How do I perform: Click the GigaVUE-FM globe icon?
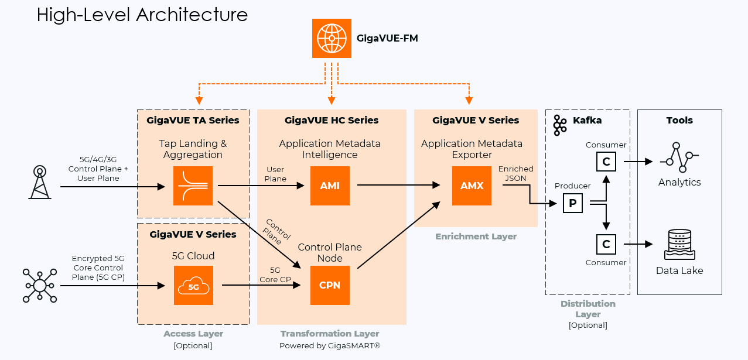pos(332,39)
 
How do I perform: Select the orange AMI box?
pos(330,186)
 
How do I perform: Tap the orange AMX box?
pos(472,186)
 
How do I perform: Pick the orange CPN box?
pos(330,285)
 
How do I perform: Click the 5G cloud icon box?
pos(193,285)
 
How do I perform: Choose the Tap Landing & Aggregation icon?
pos(193,186)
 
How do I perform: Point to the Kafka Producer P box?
pos(573,203)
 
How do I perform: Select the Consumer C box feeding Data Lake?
pos(606,244)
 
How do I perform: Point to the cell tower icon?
pos(40,181)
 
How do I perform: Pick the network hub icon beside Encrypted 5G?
pos(40,285)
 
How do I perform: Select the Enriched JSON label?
pos(515,173)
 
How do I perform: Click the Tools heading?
pos(679,120)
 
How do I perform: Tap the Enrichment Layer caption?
pos(476,236)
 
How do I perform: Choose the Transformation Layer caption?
pos(330,334)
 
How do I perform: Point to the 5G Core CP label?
pos(275,275)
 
